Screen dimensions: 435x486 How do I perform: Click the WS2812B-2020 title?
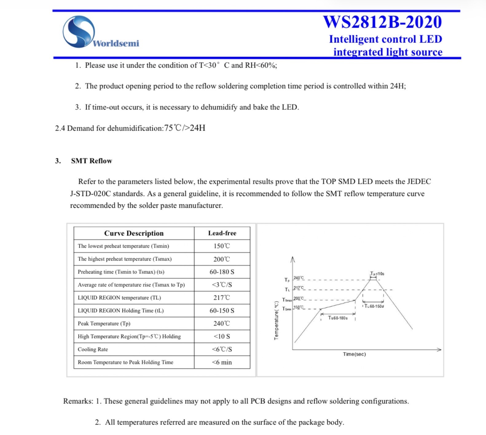382,22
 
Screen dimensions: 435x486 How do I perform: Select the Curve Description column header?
134,233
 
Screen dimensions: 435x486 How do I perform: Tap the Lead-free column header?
222,233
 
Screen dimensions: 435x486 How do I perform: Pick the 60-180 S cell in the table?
222,272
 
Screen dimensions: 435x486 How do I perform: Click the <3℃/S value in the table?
222,285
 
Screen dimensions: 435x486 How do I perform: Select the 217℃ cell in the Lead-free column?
222,298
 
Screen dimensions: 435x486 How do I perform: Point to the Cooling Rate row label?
93,350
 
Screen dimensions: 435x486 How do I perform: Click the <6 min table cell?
222,362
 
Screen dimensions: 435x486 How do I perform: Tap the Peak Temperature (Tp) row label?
104,324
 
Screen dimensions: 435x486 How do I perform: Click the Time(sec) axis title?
354,354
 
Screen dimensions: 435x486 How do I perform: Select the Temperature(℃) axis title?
276,320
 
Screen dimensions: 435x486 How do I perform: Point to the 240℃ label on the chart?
298,278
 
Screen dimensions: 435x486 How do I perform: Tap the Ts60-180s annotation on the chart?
338,318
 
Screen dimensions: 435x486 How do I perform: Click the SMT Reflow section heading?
92,161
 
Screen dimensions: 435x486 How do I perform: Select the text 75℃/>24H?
185,128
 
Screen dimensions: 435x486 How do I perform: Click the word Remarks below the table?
77,401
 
